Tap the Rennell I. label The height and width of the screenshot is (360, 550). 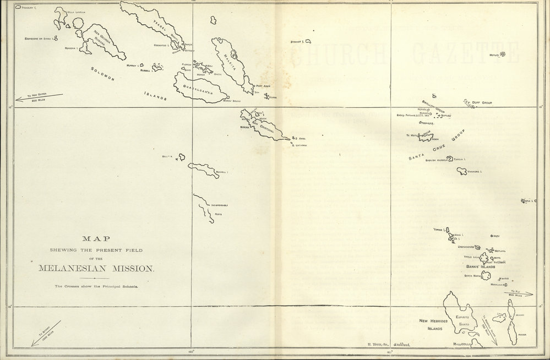coord(221,172)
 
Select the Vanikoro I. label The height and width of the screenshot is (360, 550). coord(475,172)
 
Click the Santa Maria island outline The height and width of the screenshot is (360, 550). coord(486,275)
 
